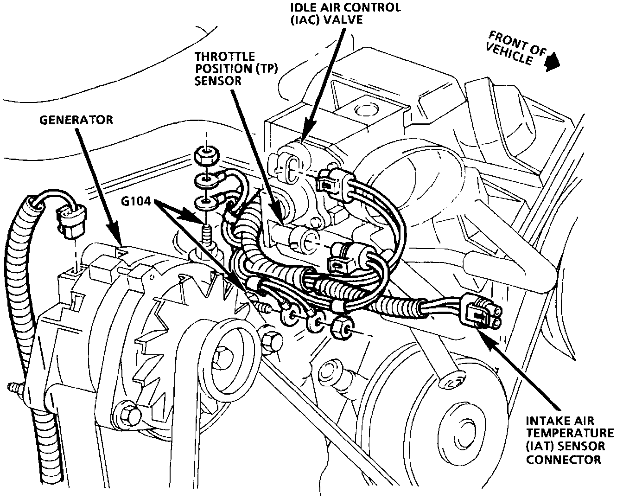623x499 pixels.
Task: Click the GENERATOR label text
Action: coord(76,120)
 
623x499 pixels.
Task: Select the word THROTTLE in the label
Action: coord(224,57)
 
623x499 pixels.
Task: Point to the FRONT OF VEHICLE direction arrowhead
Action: coord(551,64)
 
